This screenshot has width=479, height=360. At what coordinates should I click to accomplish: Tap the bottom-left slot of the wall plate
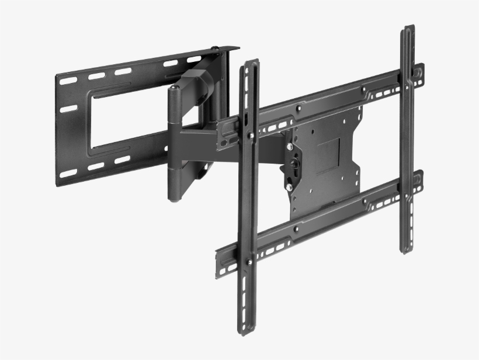tap(68, 173)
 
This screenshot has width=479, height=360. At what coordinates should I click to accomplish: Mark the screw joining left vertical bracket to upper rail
tap(251, 136)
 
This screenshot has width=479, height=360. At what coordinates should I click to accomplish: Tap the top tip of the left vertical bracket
tap(249, 60)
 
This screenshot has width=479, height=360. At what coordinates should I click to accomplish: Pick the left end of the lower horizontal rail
tap(220, 257)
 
